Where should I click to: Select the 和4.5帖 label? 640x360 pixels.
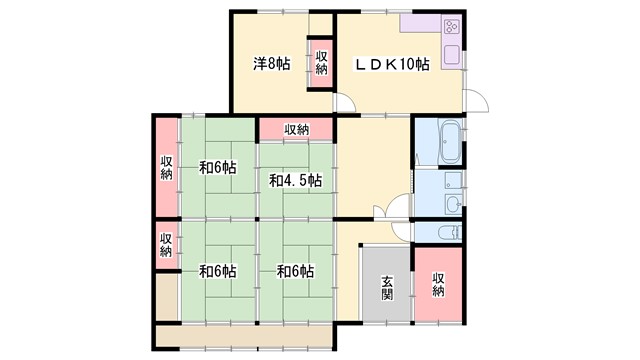[295, 180]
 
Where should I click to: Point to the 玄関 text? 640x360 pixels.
[387, 289]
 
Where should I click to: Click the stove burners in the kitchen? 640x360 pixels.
[449, 27]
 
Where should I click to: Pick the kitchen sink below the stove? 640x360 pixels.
[452, 56]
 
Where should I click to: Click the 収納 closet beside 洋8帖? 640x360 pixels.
[321, 62]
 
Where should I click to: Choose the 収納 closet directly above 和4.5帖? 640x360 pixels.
[296, 129]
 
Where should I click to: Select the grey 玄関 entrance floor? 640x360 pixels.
[387, 285]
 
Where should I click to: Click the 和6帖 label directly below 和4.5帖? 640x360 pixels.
[295, 271]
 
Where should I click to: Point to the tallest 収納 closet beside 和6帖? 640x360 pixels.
[166, 168]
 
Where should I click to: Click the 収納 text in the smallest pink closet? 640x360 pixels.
[166, 245]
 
